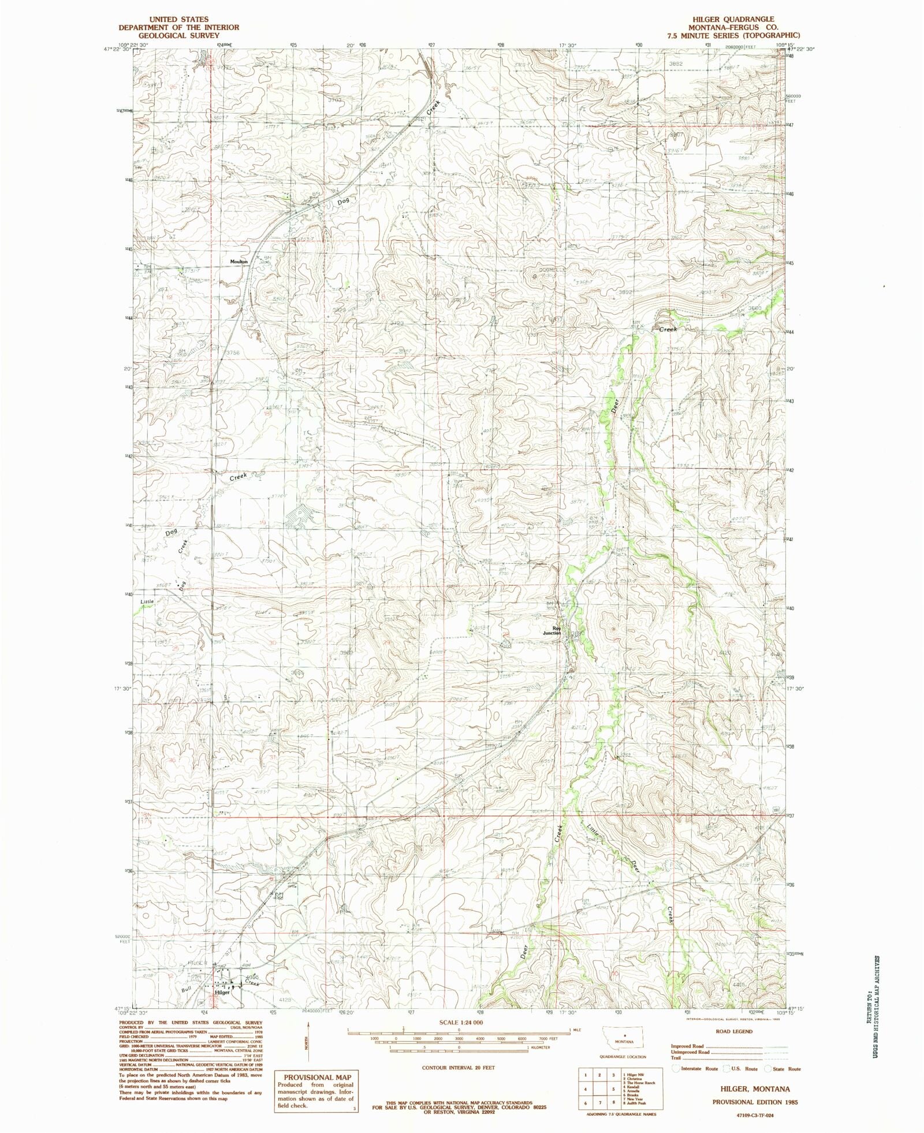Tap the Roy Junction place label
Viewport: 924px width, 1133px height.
(556, 630)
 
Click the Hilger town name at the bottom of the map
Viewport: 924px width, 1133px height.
(222, 993)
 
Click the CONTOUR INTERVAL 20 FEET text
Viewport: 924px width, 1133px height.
(459, 1068)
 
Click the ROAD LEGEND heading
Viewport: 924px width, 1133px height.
(733, 1031)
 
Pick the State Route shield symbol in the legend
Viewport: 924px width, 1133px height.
(769, 1068)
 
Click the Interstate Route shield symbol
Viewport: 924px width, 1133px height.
(676, 1068)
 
